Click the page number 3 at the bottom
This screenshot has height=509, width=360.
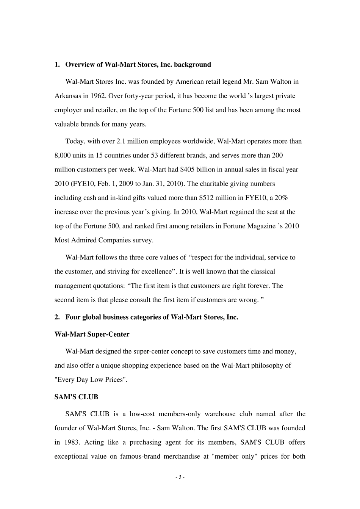[180, 477]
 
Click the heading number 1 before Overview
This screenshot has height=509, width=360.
[57, 65]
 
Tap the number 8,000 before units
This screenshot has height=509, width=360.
[63, 155]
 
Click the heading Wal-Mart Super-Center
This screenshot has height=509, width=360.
[92, 334]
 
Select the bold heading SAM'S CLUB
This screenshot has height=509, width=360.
[76, 397]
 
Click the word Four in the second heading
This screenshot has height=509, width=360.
[72, 317]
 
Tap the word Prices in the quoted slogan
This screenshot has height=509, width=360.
[115, 380]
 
